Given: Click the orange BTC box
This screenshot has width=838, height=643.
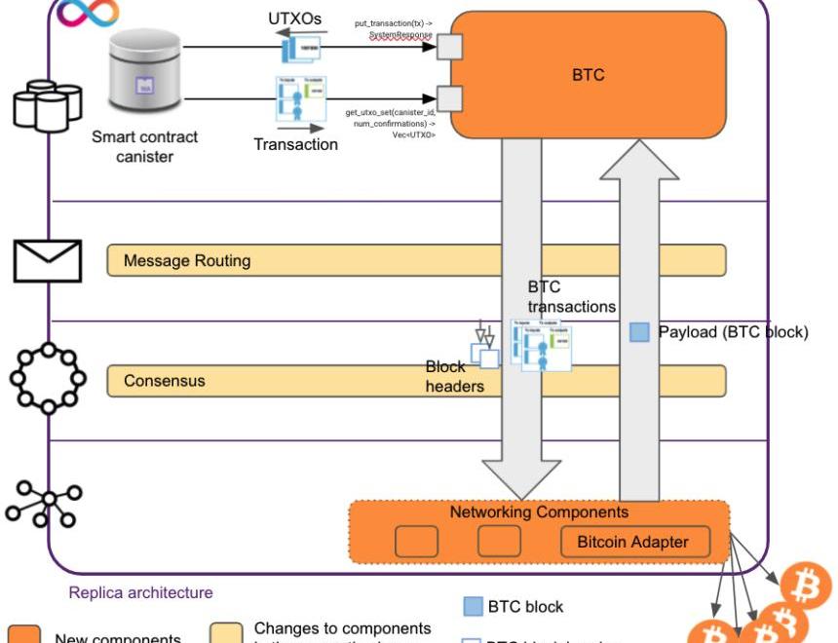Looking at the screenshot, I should tap(588, 76).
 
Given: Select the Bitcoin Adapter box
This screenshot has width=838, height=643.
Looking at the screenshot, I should tap(633, 542).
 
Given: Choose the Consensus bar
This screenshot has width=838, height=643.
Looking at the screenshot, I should tap(292, 380).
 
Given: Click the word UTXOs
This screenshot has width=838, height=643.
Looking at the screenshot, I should tap(294, 19).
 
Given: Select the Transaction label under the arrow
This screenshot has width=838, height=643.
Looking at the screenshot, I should tap(295, 144).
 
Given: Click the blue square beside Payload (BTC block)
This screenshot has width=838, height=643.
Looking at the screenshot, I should tap(639, 332).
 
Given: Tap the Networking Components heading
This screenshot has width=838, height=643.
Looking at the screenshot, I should tap(539, 511).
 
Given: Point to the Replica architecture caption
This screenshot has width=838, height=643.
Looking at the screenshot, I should tap(140, 592).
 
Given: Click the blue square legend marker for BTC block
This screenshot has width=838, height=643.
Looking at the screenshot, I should tap(473, 606).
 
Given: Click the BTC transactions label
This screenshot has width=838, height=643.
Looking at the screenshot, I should tap(571, 297).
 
